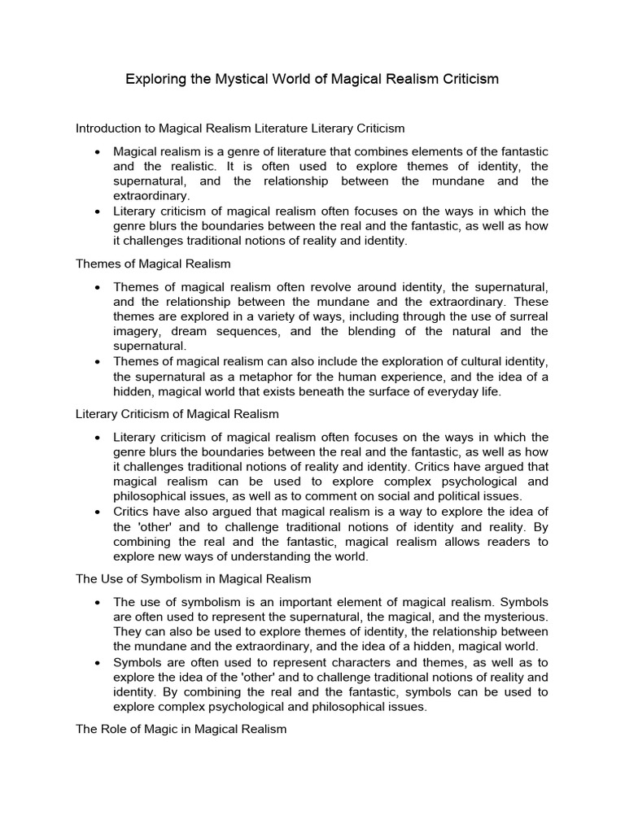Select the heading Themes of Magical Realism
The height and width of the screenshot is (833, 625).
[x=153, y=264]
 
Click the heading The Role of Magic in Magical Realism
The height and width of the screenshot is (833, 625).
[x=181, y=729]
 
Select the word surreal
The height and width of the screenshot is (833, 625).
[x=527, y=316]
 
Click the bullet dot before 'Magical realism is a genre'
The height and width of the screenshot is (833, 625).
[x=98, y=152]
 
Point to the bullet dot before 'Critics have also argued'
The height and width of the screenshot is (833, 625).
[x=98, y=512]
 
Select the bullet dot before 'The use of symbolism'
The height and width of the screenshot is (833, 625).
[x=98, y=602]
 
